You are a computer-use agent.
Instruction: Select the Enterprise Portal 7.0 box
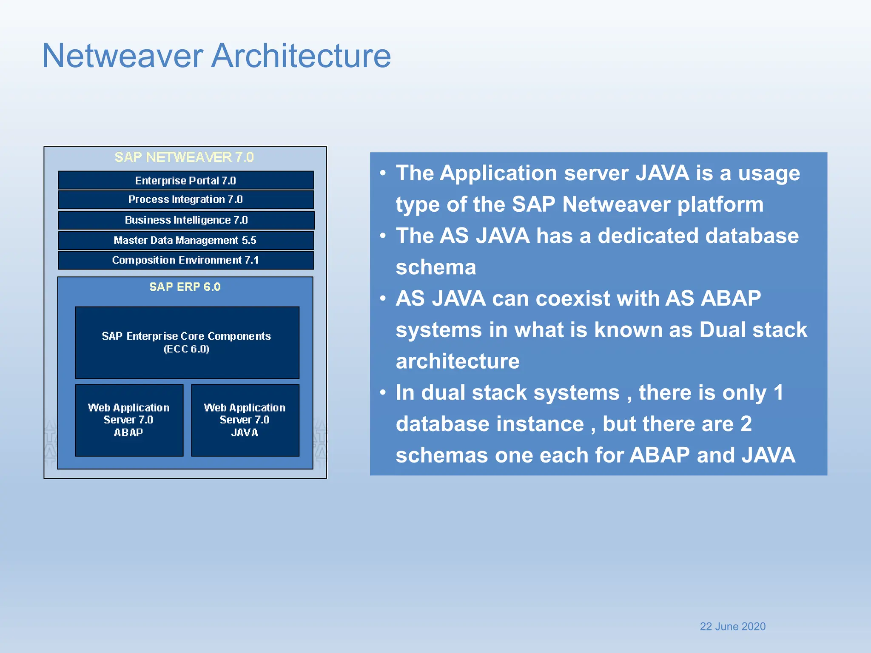186,181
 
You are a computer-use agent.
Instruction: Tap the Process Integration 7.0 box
186,199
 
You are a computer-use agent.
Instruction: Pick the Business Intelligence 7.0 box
186,220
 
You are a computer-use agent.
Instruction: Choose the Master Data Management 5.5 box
186,240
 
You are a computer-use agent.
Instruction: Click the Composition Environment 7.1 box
186,260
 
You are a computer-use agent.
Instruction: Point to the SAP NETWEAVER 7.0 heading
184,157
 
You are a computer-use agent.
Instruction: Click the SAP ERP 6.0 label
185,287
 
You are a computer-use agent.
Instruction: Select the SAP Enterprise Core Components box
187,343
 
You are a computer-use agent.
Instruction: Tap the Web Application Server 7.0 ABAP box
129,420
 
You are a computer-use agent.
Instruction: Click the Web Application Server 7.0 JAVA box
245,420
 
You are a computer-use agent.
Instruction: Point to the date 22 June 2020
732,626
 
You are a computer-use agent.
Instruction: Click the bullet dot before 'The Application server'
383,173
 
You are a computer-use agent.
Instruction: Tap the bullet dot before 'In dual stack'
383,392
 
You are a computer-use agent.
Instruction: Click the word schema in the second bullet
435,267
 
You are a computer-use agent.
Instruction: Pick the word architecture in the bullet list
458,361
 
